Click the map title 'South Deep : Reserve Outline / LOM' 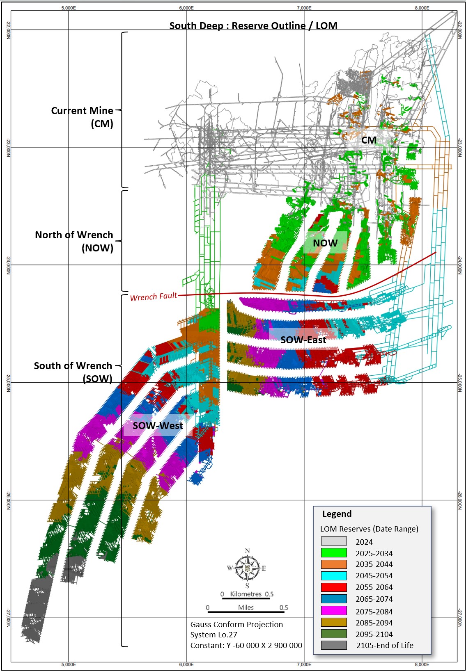point(253,26)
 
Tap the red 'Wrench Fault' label point(154,297)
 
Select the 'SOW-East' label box point(303,340)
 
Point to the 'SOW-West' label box point(158,425)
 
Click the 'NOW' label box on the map point(325,243)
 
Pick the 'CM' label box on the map point(369,140)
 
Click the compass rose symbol point(247,568)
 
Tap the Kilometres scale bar point(246,598)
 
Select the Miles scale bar point(246,612)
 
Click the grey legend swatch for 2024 point(334,541)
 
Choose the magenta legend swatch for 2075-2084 point(334,610)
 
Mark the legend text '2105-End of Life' point(385,645)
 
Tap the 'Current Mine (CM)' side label point(82,117)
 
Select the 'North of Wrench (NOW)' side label point(74,241)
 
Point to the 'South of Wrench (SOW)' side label point(73,372)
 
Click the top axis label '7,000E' point(304,8)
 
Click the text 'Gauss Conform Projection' point(236,625)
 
